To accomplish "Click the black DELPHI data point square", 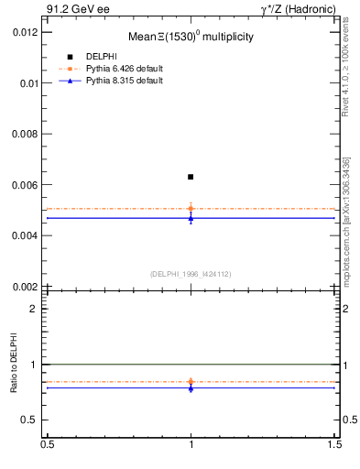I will pos(191,177).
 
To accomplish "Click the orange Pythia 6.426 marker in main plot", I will pos(191,209).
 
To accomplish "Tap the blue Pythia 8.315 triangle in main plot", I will pos(191,217).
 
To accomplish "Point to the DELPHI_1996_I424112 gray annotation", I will pos(190,273).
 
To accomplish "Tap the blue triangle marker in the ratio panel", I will pos(191,388).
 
